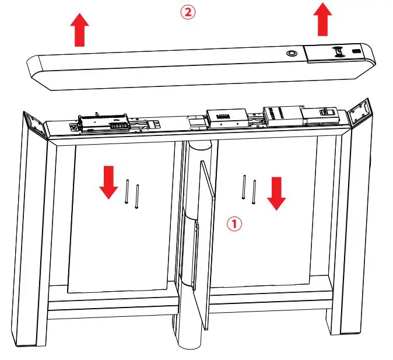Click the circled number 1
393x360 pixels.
[x=234, y=223]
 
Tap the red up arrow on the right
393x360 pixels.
[x=321, y=19]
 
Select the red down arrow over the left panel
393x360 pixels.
[x=108, y=182]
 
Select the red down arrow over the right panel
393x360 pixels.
[x=276, y=193]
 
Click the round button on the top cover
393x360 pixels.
[x=290, y=53]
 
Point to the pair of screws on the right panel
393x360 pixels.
[x=248, y=190]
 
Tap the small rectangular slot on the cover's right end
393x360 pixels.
[x=356, y=54]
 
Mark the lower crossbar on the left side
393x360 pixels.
[x=111, y=304]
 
